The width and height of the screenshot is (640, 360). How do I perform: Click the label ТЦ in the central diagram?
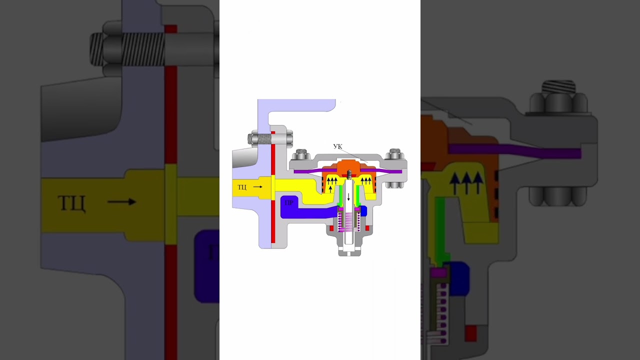coord(241,187)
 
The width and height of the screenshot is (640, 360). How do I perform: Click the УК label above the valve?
coord(337,146)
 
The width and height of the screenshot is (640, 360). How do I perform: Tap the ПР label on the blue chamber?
coord(289,203)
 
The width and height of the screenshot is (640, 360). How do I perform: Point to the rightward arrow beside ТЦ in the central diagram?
coord(257,187)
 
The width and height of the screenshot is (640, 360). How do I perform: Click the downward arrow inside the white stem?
coord(348,197)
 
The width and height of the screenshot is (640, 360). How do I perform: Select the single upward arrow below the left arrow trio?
coord(330,188)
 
